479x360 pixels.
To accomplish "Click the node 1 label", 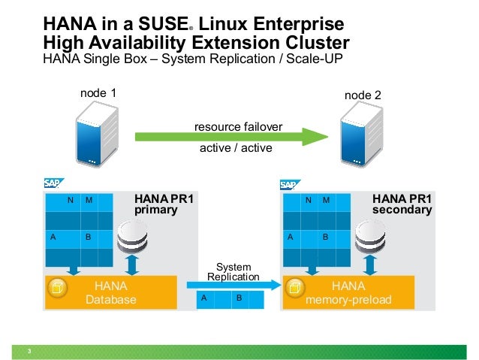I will pos(98,93).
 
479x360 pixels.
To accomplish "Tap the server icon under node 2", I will pos(358,136).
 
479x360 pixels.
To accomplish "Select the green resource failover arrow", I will pos(233,137).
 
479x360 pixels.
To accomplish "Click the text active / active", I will pos(235,148).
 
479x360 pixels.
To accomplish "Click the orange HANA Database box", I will pos(110,292).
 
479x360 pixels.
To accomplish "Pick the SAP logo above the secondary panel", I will pos(290,183).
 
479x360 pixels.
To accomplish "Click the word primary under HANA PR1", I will pos(155,210).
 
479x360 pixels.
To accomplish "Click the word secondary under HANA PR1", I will pos(402,210).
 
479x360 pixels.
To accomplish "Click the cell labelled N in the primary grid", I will pos(71,200).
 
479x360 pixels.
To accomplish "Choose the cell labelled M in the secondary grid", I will pos(326,200).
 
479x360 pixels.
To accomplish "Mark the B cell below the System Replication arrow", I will pos(239,298).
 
